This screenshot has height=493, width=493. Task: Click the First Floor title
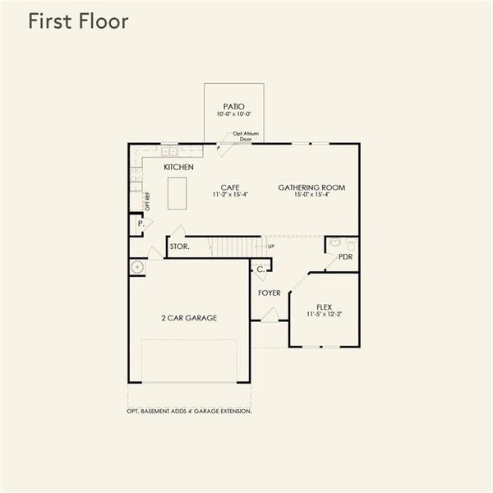78,22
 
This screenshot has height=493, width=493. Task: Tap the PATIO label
233,106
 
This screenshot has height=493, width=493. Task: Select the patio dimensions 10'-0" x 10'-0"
233,115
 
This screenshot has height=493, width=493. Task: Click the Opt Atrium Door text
241,136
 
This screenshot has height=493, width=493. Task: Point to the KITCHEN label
178,168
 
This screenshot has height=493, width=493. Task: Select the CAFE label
229,187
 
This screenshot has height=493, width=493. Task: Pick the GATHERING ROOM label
311,187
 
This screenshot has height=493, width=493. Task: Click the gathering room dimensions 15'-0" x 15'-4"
311,195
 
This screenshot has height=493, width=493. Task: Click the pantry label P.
141,223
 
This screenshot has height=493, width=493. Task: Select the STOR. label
179,246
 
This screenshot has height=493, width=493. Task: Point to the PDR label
345,256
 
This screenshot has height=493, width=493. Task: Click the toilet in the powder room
351,244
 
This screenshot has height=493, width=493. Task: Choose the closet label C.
260,269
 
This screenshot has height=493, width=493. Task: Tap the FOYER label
269,293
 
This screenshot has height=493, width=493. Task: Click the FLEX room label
324,306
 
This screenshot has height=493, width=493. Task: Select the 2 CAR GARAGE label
189,317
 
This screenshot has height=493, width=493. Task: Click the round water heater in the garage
136,267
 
